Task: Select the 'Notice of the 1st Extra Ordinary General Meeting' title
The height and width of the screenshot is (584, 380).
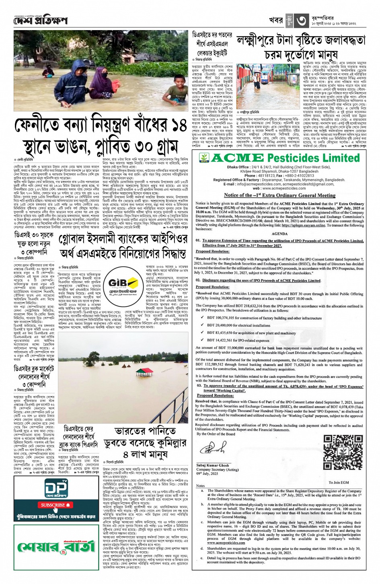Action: tap(279, 195)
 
